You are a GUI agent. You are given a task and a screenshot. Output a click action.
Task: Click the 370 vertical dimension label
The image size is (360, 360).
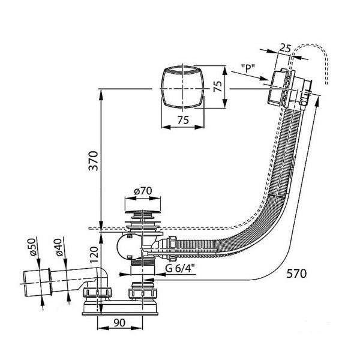94,161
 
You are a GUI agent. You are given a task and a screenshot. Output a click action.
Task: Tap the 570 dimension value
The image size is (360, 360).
296,274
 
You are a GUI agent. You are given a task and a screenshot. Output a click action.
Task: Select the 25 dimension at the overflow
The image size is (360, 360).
286,48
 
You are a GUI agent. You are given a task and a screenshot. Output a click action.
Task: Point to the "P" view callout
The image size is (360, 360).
248,68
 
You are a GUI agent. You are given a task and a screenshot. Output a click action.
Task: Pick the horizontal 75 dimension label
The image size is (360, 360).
183,120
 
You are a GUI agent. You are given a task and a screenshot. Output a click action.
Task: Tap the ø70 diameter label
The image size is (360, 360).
143,191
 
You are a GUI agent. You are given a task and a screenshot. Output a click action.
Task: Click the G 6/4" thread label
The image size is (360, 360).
180,268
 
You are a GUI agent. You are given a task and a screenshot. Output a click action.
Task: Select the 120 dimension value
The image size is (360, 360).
94,254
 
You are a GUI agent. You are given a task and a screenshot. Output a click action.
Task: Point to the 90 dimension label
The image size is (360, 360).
119,323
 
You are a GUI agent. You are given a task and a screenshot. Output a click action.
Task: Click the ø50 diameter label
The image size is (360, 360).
33,247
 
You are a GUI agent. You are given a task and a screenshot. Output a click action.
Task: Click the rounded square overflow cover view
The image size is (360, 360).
183,87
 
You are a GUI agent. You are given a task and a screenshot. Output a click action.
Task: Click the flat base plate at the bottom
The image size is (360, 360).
121,314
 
